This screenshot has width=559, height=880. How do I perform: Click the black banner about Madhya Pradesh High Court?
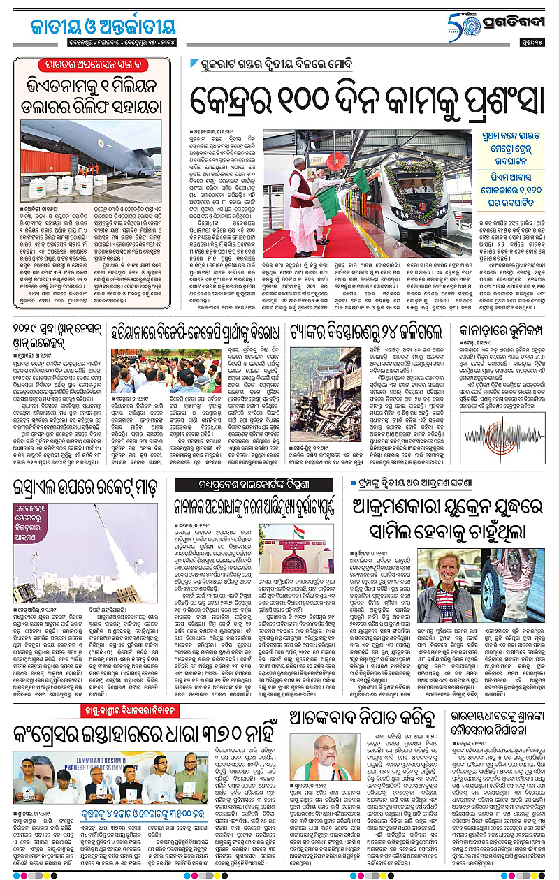(258, 485)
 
